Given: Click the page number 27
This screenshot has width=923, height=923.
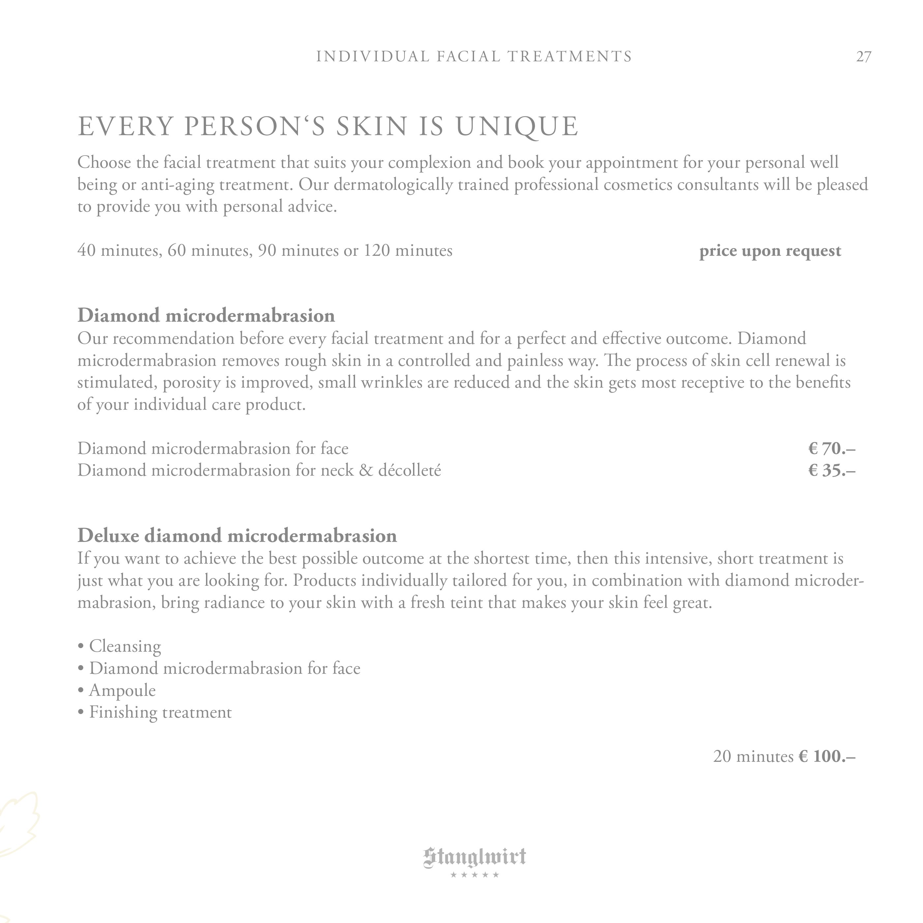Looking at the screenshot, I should pos(863,57).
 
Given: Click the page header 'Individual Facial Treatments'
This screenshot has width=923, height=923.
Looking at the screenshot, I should pos(474,56).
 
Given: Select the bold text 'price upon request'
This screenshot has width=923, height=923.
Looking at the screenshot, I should pos(770,251).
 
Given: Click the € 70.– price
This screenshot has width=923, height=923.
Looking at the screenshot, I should pos(831,449).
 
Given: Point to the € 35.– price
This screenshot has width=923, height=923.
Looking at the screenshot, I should pos(831,471).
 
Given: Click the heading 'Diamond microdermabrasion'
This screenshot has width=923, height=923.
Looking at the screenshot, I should pos(206,316).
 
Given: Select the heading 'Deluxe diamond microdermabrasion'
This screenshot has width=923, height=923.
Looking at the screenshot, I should pos(237,536).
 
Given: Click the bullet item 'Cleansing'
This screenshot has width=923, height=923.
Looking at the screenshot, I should pos(125,646).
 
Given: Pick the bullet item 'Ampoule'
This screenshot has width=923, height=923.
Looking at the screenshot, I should pos(122,690).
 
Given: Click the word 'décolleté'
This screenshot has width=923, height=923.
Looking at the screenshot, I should pos(409,471).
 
